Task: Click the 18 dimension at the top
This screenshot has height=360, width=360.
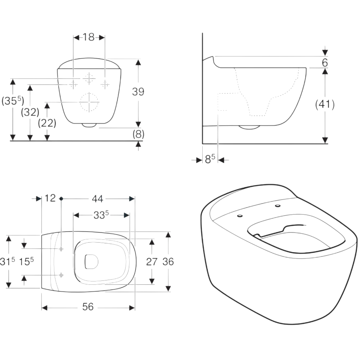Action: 89,37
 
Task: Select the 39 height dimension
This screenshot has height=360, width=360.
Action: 138,91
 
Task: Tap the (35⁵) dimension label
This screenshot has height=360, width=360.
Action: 13,101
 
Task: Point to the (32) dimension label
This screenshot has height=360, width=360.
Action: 30,112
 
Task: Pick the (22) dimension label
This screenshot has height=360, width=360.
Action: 47,123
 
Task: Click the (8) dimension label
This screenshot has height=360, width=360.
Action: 139,134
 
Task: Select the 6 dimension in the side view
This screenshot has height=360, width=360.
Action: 325,62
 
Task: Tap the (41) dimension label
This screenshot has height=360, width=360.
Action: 325,104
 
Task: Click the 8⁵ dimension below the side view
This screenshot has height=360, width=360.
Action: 210,159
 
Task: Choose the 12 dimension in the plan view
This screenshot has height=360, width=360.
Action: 50,198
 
